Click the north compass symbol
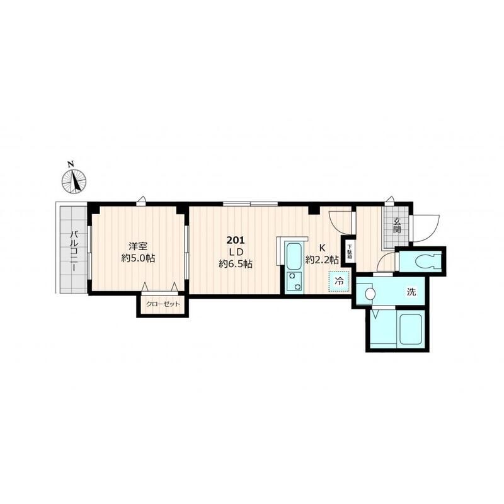coord(74,181)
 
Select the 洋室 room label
coord(138,246)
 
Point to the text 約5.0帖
coord(138,258)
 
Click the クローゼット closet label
coord(163,304)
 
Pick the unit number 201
coord(236,240)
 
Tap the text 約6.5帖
coord(236,264)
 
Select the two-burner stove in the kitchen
coord(294,281)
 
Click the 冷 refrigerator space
coord(339,281)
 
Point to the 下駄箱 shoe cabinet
coord(349,251)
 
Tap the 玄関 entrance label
coord(397,226)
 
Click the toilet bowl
coord(426,260)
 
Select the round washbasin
coord(370,294)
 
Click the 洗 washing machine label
coord(411,292)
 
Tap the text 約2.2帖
coord(322,260)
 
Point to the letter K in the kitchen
coord(322,248)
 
